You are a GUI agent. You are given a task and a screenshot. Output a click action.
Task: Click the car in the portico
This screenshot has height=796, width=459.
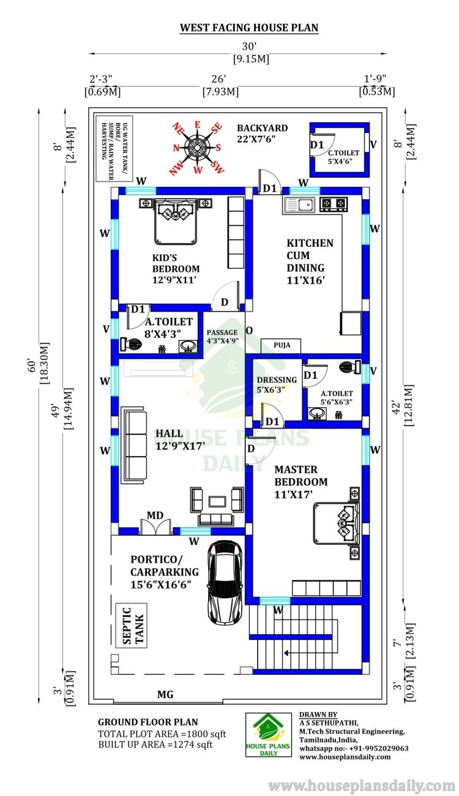(225, 582)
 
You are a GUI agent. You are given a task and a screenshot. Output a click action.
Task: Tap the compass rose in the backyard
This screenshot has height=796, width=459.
(197, 148)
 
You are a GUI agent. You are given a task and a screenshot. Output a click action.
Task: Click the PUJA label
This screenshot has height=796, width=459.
(282, 345)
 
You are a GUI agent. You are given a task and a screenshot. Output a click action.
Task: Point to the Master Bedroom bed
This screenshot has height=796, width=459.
(336, 524)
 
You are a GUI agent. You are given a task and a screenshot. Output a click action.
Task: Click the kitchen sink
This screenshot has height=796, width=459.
(299, 205)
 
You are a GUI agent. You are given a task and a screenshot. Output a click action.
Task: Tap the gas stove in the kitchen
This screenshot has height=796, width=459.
(334, 203)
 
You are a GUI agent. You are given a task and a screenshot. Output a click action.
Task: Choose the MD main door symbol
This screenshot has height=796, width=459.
(155, 527)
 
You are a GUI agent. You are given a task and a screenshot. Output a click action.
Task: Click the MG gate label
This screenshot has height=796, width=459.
(166, 694)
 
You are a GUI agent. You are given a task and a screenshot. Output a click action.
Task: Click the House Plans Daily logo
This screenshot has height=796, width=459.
(269, 735)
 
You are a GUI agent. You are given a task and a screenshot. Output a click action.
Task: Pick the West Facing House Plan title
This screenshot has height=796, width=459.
(249, 28)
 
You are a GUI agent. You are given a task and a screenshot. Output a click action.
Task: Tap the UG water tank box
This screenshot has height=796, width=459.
(114, 149)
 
